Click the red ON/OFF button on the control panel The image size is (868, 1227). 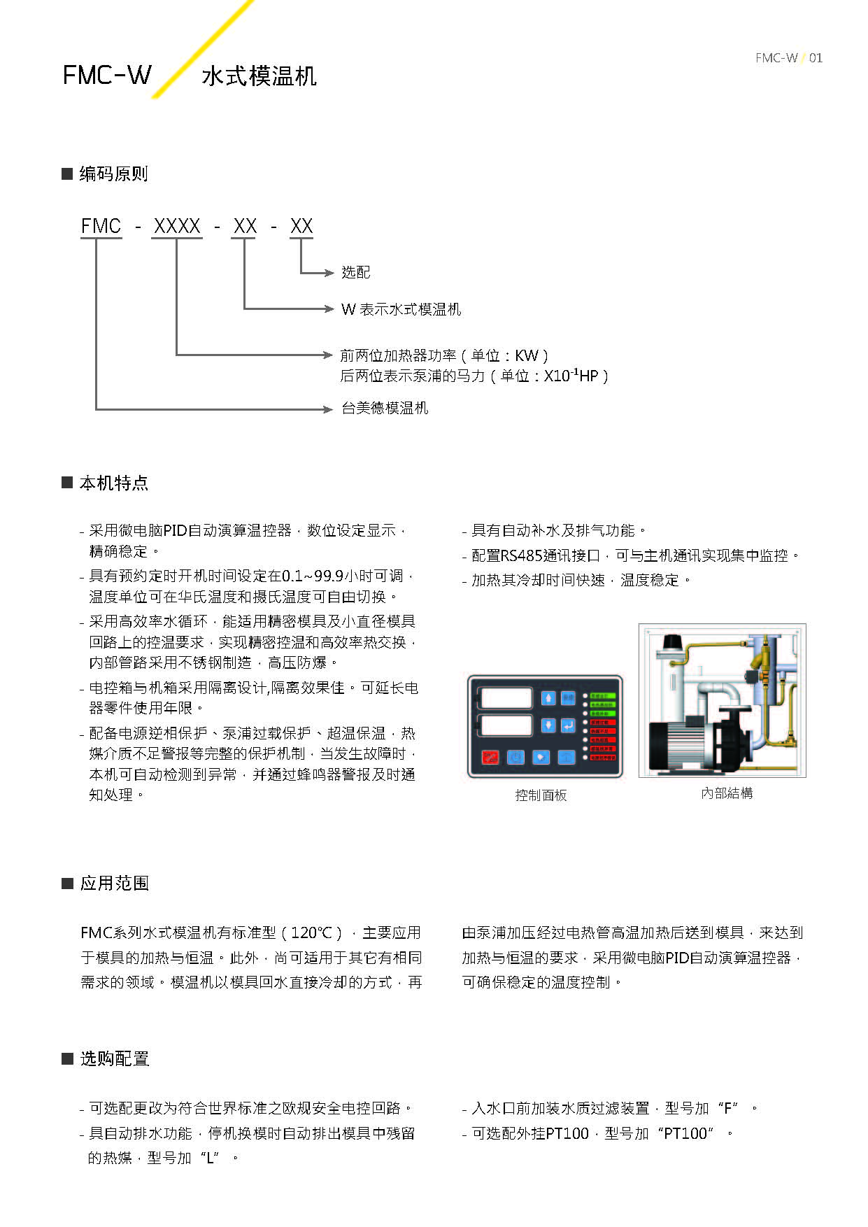point(490,758)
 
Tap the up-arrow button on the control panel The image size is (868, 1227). point(548,698)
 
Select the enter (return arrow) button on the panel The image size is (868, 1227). point(568,725)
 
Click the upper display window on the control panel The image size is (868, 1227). point(507,698)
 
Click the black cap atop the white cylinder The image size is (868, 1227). point(672,641)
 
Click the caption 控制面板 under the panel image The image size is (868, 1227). point(541,795)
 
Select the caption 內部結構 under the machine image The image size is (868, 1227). point(727,793)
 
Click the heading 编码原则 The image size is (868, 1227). point(113,174)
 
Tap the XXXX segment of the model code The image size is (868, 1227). point(177,227)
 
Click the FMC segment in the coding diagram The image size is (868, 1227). point(101,227)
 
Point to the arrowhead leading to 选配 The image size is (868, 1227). point(329,273)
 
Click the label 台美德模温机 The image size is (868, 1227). point(385,409)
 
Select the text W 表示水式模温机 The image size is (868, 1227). point(401,309)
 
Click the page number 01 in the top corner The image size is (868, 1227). point(816,58)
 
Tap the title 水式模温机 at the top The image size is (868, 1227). point(259,76)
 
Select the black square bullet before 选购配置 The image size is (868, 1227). point(68,1058)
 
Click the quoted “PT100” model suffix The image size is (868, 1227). point(685,1133)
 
